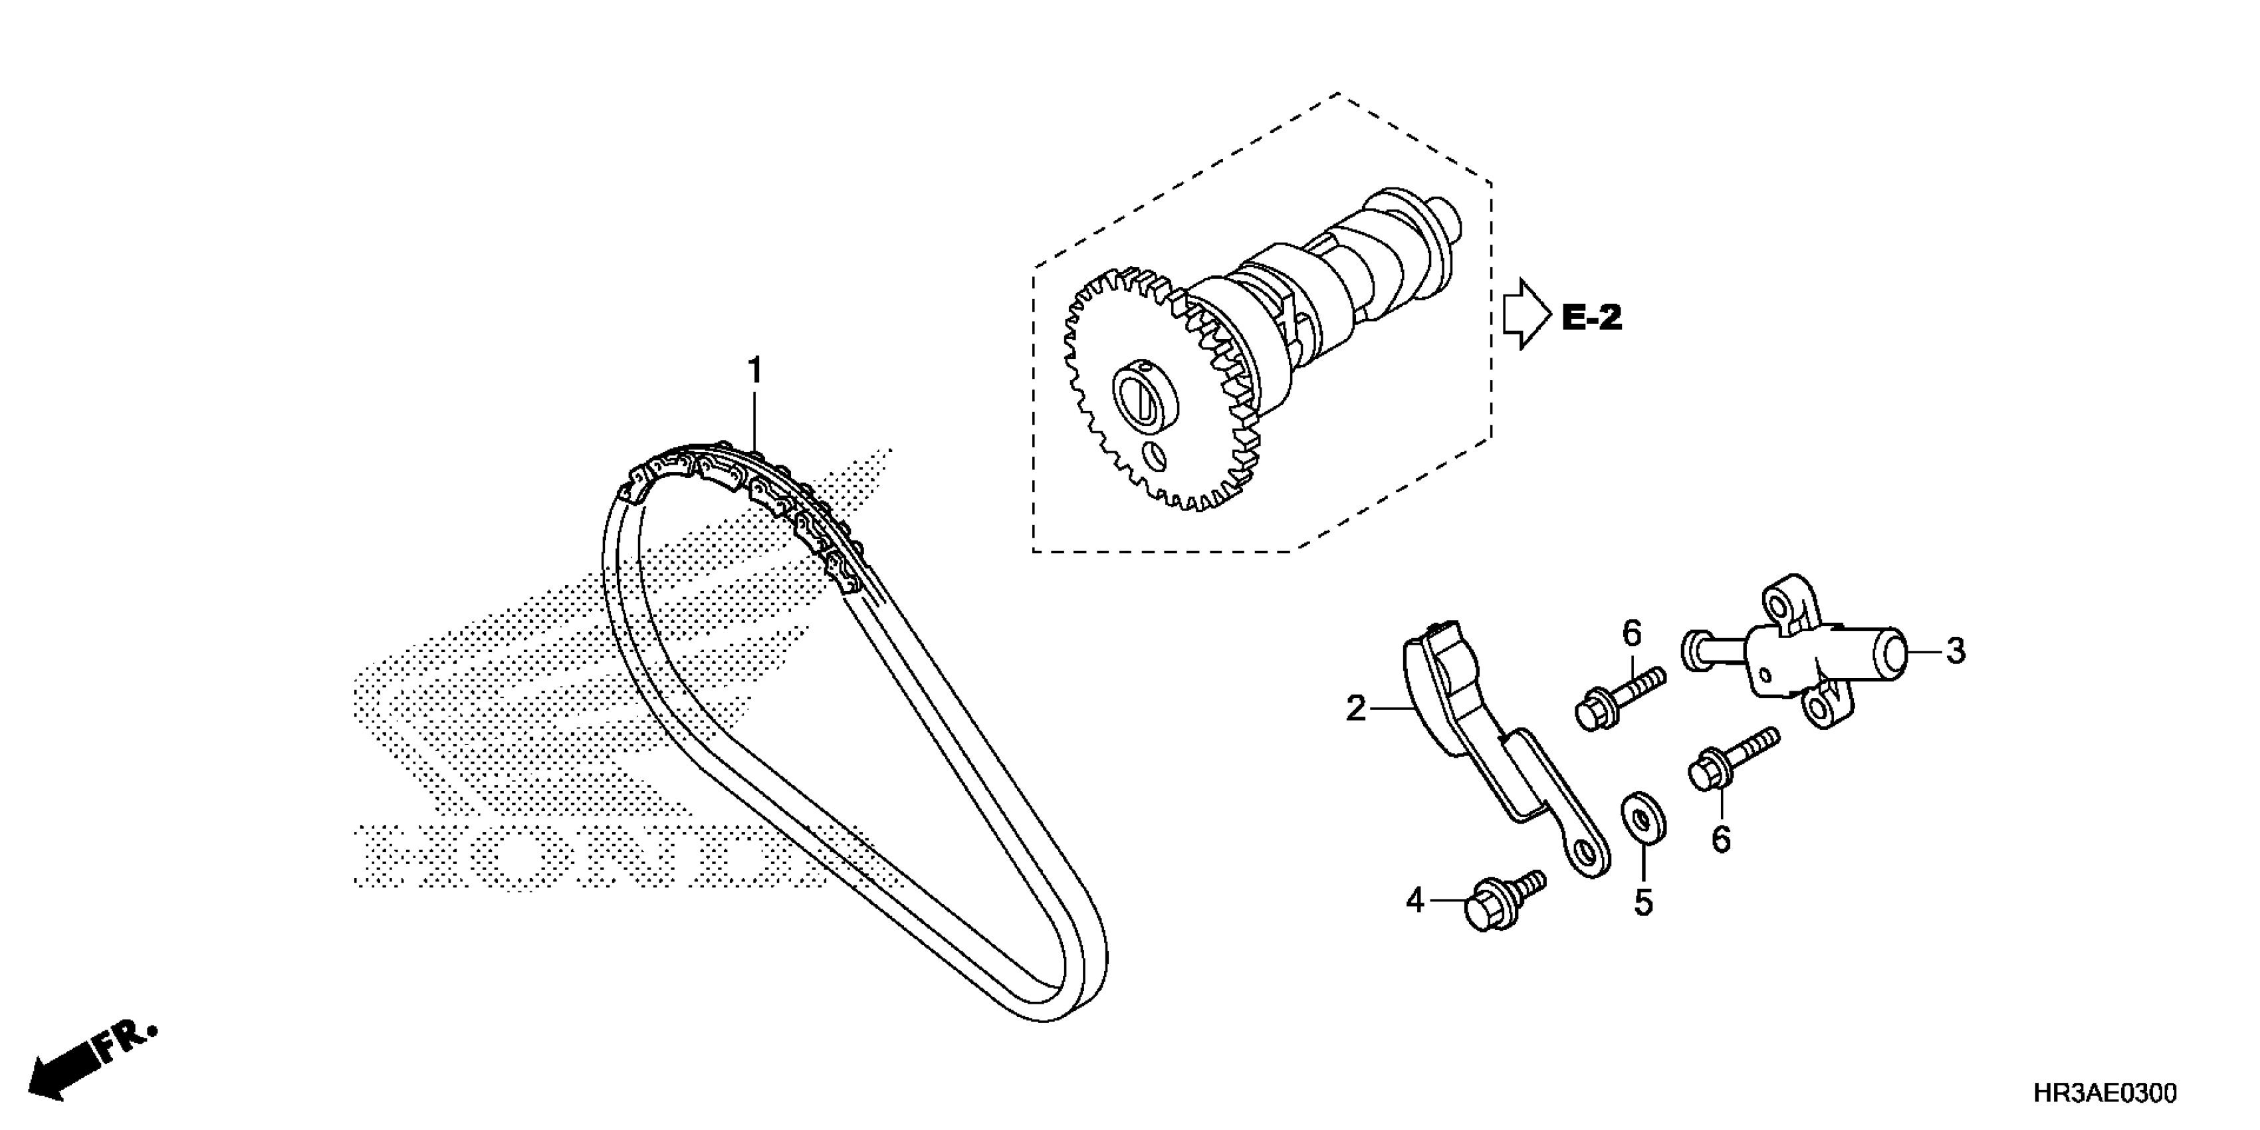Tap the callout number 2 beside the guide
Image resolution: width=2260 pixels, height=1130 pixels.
coord(1357,708)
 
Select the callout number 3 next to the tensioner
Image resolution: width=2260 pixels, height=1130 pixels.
coord(1956,651)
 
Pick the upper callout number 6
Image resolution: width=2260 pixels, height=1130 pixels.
coord(1631,633)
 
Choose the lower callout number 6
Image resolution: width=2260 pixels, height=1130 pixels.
coord(1722,840)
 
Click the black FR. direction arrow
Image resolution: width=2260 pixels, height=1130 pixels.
coord(66,1072)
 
